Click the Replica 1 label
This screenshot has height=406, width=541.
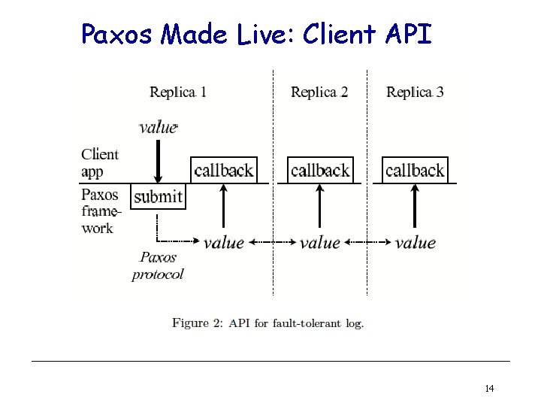[x=178, y=92]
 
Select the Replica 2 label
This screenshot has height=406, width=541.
[x=319, y=92]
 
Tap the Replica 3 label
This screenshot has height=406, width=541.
[x=415, y=92]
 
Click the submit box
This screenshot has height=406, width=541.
[x=158, y=197]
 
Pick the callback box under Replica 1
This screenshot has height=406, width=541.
[x=224, y=170]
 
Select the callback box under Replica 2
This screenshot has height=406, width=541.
[x=320, y=170]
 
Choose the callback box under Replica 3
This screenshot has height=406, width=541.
[x=415, y=170]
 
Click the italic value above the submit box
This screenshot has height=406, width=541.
[x=158, y=127]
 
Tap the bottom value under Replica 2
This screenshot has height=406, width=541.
[x=320, y=242]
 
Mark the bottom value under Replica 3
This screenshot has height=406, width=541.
[x=416, y=242]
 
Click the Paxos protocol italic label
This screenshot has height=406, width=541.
[x=158, y=265]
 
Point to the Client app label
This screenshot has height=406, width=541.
[x=99, y=162]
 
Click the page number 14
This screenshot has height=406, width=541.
[x=489, y=389]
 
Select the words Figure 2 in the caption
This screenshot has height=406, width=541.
[x=197, y=323]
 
